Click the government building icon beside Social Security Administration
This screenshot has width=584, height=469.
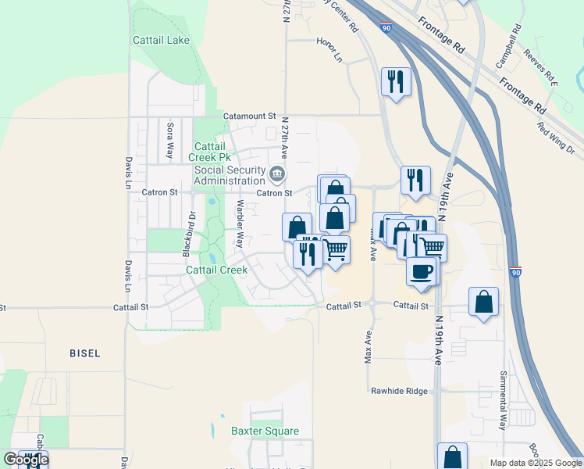click(276, 174)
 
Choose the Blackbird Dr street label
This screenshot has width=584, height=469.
click(189, 234)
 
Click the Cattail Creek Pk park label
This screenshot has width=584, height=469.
click(210, 152)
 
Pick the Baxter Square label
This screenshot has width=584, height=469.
click(265, 431)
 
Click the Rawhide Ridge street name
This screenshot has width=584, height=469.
click(400, 391)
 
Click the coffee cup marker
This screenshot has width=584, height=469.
click(422, 271)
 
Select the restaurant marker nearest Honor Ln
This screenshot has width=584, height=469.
click(396, 82)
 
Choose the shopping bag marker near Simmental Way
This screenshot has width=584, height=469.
click(483, 302)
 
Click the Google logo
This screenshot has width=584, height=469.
click(25, 460)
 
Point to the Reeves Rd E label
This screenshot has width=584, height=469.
click(542, 67)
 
